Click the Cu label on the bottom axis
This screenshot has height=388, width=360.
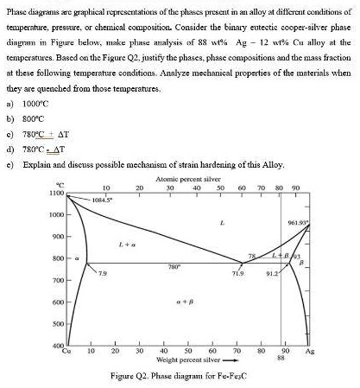click(69, 353)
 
